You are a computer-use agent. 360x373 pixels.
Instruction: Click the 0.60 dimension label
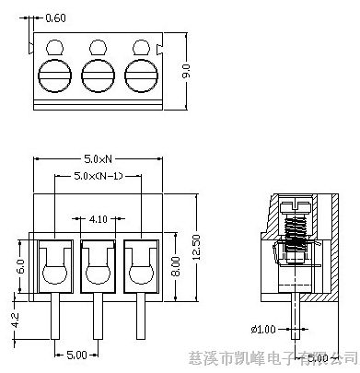[x=55, y=18]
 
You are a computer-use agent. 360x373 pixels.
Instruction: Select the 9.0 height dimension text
[x=185, y=70]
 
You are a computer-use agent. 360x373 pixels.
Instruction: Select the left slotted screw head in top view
[x=55, y=73]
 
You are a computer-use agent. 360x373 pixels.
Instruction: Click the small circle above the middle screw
[x=97, y=46]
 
